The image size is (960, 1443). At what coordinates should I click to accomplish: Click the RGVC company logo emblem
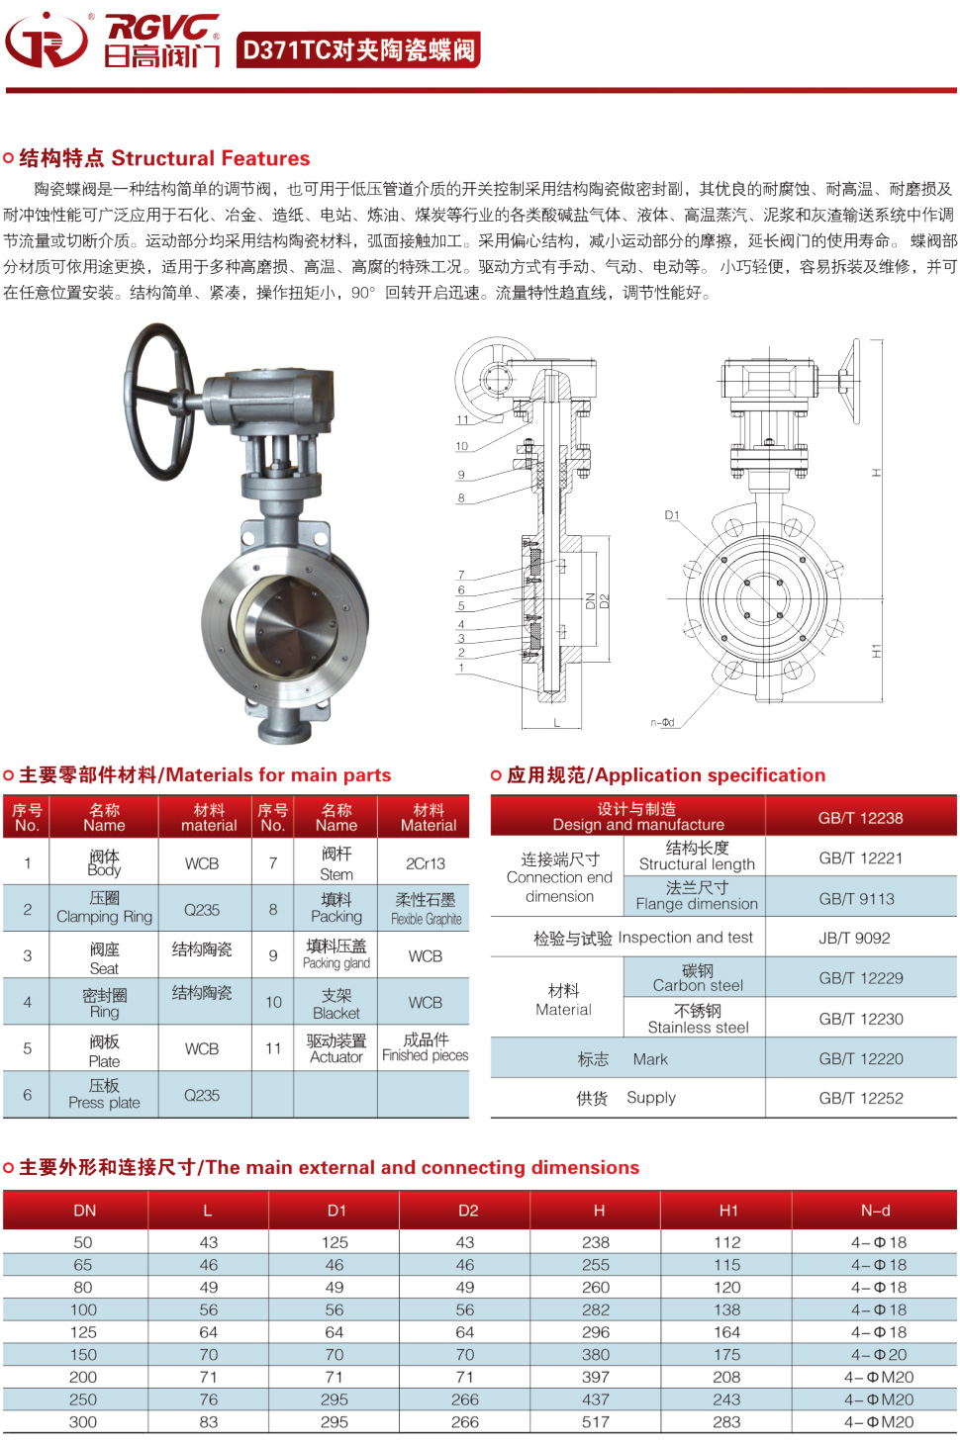(47, 40)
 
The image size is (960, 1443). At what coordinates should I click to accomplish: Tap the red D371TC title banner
(358, 49)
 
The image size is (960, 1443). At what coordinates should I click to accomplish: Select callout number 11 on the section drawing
(462, 419)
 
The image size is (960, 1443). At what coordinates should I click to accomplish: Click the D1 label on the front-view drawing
(672, 515)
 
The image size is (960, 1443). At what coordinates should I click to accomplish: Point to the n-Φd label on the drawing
(662, 722)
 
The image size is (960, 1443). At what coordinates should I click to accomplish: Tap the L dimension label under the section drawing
(556, 723)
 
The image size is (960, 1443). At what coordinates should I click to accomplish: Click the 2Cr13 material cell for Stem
(426, 863)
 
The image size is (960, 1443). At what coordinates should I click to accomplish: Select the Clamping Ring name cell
(104, 909)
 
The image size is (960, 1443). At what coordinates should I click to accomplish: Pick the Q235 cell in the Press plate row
(202, 1095)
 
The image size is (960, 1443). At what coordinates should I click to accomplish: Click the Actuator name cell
(336, 1048)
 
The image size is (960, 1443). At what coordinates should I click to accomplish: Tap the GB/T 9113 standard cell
(860, 898)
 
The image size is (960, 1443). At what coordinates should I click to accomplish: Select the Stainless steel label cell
(698, 1019)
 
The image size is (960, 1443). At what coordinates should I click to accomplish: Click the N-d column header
(876, 1211)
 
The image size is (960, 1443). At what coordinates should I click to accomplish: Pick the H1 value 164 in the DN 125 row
(726, 1332)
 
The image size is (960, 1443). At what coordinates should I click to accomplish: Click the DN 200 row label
(83, 1377)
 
